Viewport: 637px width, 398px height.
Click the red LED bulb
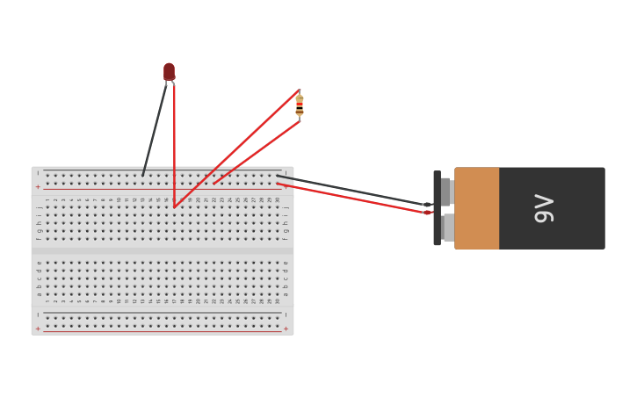169,71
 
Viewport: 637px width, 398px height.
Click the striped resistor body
300,105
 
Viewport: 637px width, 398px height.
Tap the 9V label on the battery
544,208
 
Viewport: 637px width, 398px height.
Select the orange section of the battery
477,208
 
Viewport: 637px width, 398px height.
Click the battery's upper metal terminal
445,191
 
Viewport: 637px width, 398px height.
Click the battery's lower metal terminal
447,228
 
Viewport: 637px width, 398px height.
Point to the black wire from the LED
155,128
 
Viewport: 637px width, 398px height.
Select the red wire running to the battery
351,198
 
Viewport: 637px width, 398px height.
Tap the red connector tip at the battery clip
428,213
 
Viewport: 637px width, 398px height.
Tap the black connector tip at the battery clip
428,205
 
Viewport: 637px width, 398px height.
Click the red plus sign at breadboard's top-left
38,186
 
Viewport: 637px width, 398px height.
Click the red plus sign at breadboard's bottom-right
286,329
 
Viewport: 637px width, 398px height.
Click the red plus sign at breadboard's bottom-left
38,329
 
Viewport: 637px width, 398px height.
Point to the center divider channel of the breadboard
163,250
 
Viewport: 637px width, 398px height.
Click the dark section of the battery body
552,208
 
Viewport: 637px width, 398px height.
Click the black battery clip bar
437,208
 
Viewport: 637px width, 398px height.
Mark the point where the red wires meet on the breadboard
175,207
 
